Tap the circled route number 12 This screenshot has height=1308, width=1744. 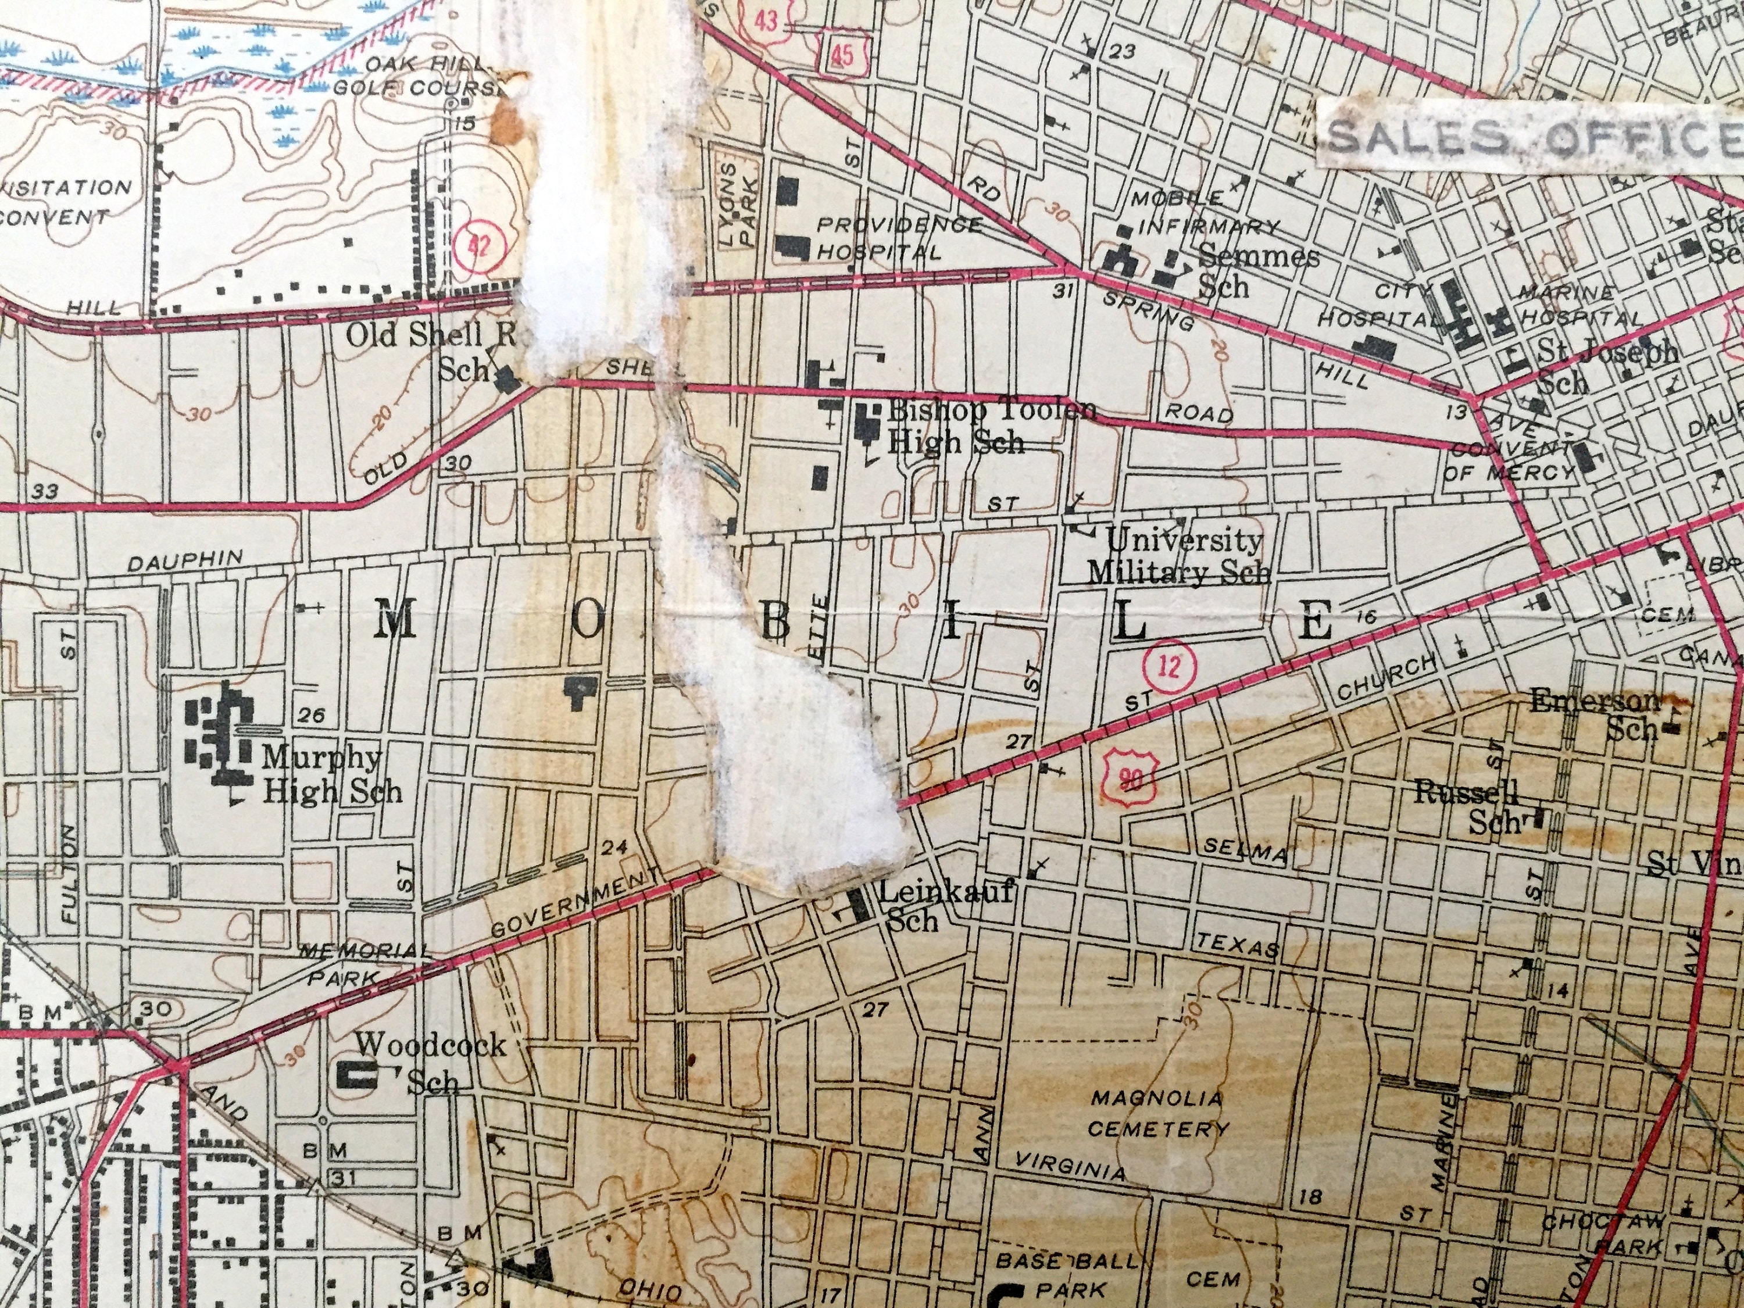click(x=1171, y=667)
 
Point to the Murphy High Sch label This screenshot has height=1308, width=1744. click(x=331, y=774)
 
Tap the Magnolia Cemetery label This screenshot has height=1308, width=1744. click(x=1157, y=1113)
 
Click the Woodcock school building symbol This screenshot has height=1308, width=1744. click(x=356, y=1074)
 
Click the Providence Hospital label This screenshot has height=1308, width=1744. click(x=899, y=238)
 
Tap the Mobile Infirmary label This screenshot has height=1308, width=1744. click(x=1205, y=213)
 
